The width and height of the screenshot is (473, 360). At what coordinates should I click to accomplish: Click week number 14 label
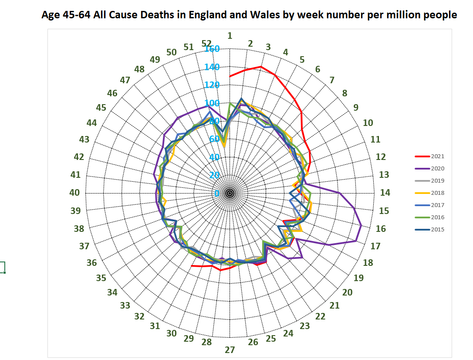(x=385, y=193)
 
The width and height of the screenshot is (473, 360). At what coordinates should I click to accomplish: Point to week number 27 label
(x=230, y=350)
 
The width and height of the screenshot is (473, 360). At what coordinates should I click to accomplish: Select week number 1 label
(x=230, y=36)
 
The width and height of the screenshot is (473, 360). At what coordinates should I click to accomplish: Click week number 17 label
(x=375, y=246)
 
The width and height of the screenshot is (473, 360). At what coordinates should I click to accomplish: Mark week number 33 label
(x=125, y=306)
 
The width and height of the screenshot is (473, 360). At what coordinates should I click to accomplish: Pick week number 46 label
(x=112, y=93)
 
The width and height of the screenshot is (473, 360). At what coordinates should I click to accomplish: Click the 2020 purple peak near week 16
(x=362, y=225)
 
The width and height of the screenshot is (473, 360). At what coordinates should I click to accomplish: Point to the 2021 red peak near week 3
(x=261, y=67)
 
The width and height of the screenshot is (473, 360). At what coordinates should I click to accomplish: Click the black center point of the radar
(x=230, y=193)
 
